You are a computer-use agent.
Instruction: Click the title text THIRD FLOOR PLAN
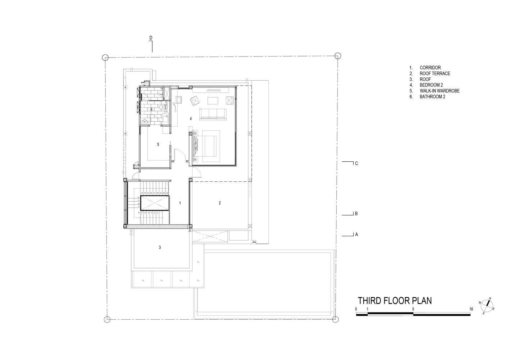tap(395, 301)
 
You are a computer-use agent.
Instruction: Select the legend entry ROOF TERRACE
tap(435, 73)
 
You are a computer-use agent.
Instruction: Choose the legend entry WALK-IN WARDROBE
tap(439, 91)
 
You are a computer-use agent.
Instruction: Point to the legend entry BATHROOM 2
tap(432, 97)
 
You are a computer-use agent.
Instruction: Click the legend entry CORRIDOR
tap(430, 68)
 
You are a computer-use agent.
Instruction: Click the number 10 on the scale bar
tap(471, 309)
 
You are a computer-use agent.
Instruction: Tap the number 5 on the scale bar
tap(413, 309)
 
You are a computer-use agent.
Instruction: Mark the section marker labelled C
tap(356, 163)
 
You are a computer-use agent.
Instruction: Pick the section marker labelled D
tap(151, 38)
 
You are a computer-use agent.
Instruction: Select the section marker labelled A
tap(356, 234)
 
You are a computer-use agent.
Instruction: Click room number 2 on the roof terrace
tap(220, 203)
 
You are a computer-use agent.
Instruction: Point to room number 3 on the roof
tap(160, 247)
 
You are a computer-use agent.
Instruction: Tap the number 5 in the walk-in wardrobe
tap(158, 144)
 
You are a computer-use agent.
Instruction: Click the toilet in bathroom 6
tap(164, 107)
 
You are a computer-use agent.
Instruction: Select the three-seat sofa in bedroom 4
tap(213, 114)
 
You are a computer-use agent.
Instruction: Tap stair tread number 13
tap(142, 193)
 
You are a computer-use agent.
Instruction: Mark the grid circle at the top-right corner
tap(337, 55)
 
